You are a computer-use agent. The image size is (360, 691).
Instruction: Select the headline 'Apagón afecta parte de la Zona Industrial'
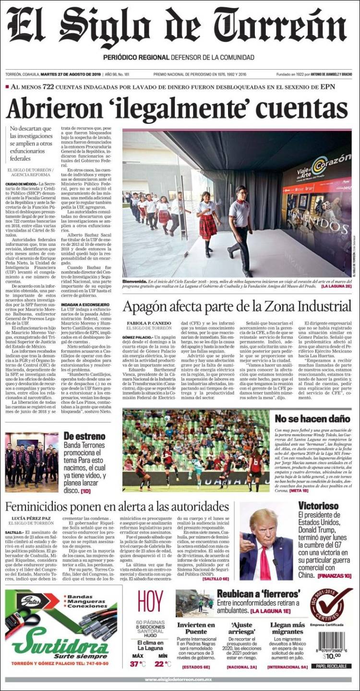237,306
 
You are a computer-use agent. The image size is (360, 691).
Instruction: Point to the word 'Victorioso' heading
318,506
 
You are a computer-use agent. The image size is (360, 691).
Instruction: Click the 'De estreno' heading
84,436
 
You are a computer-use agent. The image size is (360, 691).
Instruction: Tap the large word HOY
150,602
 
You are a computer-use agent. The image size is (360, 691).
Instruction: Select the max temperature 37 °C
138,664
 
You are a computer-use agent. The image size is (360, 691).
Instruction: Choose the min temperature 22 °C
163,664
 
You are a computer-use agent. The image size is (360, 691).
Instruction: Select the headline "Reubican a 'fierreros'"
259,594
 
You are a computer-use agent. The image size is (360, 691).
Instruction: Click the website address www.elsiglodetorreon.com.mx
180,679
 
